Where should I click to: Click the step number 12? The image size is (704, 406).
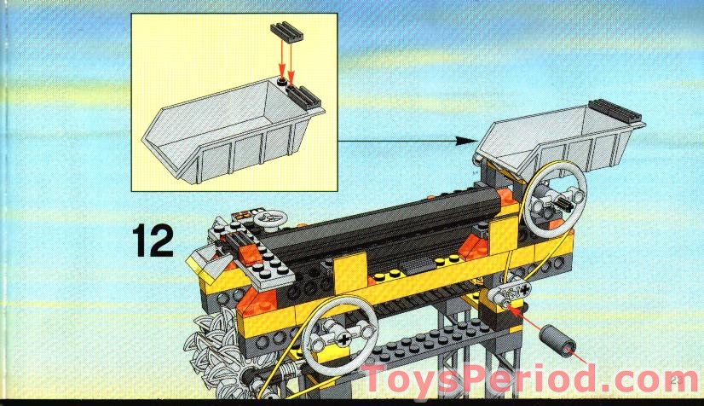tap(153, 241)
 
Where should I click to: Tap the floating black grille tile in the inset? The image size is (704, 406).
tap(287, 32)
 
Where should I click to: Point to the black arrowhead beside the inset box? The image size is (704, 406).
tap(466, 141)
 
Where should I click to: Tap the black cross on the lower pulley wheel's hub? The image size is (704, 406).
tap(343, 339)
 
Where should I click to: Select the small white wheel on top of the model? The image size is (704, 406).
tap(270, 218)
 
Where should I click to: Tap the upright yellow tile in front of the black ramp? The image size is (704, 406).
tap(351, 271)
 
